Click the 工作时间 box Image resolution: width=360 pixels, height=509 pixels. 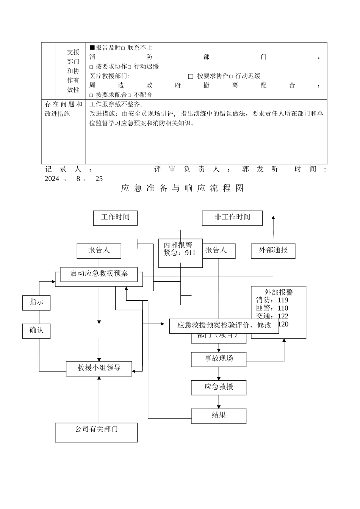(x=115, y=218)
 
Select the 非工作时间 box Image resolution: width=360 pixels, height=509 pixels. (x=232, y=218)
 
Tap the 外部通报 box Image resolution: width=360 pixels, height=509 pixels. (x=273, y=251)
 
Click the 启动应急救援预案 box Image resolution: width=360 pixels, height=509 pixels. (x=99, y=274)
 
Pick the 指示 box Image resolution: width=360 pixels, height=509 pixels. (x=36, y=303)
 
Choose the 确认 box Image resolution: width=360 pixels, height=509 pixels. (x=36, y=331)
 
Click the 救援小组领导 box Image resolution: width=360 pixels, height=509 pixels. (x=99, y=368)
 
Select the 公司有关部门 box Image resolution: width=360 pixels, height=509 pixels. (x=96, y=432)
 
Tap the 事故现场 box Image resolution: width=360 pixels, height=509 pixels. (x=219, y=359)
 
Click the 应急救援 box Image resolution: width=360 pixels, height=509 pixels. (x=219, y=387)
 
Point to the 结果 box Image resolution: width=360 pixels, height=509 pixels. (x=219, y=415)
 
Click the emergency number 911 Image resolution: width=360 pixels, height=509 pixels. (x=190, y=253)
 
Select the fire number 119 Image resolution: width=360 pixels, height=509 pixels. (x=283, y=300)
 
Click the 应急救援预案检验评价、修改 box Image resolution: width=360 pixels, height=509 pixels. (x=224, y=326)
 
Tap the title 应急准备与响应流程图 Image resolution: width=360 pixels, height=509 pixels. (x=182, y=188)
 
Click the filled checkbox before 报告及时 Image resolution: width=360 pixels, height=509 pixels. (x=92, y=47)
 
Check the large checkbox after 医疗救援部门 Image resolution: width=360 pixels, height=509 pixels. (x=191, y=76)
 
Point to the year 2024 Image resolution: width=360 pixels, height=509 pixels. (x=52, y=179)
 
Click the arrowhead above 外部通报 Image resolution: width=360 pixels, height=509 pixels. (x=273, y=218)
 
